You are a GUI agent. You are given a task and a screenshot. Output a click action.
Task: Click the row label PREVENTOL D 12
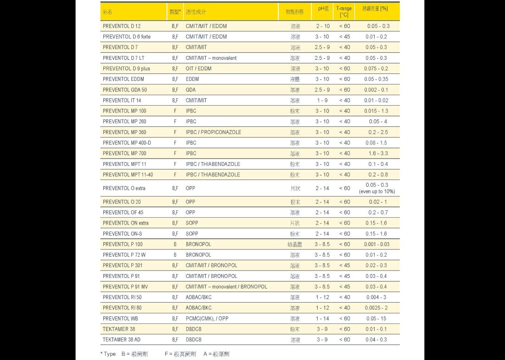122,26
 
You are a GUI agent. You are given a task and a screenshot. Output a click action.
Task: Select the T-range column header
344,11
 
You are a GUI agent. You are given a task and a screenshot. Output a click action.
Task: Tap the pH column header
322,9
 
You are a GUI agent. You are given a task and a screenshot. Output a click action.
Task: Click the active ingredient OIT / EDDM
198,68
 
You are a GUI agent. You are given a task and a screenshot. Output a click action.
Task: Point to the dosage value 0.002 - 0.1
376,90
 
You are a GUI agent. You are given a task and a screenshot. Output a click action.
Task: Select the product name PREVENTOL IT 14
122,100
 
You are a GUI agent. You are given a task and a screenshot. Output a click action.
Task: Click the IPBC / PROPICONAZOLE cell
213,132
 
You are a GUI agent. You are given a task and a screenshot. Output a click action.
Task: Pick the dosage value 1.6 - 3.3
378,153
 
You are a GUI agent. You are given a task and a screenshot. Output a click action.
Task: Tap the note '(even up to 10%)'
377,191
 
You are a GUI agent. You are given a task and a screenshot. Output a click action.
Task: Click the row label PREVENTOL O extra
124,188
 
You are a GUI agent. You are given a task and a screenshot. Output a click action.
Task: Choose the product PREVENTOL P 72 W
124,255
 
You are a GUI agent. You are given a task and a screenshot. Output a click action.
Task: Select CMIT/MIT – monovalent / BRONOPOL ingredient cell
226,287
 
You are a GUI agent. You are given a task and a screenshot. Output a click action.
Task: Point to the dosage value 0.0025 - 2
376,308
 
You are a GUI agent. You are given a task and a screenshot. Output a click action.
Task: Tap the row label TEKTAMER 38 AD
122,340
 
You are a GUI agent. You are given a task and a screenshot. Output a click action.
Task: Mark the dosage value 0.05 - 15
376,318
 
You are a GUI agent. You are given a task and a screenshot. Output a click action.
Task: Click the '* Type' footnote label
108,354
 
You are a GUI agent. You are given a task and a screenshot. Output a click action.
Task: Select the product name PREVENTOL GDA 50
125,90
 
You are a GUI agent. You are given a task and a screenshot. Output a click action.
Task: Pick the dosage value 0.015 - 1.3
376,111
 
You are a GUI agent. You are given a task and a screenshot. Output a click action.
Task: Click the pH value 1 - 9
322,100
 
